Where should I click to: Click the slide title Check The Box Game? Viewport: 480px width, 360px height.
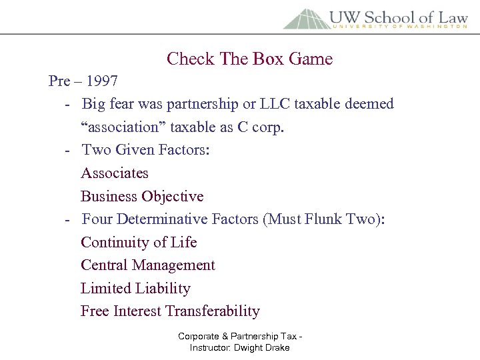click(249, 59)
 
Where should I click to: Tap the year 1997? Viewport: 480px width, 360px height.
click(102, 81)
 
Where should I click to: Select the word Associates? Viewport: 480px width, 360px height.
click(115, 173)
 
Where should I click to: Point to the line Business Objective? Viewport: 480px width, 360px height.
click(142, 197)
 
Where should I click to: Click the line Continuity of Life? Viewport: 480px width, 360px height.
click(139, 242)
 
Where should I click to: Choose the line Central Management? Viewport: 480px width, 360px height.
click(148, 265)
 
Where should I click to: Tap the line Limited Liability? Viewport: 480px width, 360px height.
click(135, 289)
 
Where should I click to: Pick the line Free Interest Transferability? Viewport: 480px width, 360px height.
click(170, 311)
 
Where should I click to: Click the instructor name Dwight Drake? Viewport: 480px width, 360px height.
click(263, 348)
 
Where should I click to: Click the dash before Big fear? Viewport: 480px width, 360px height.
click(69, 105)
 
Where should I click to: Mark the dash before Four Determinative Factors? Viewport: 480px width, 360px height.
click(69, 220)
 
